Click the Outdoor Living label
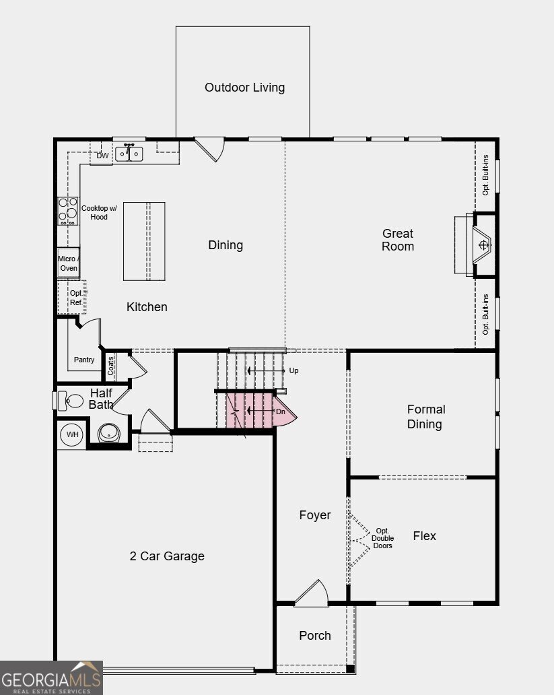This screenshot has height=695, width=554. (x=244, y=88)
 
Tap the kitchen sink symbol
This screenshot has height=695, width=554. (x=129, y=154)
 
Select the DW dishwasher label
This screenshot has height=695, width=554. (x=102, y=156)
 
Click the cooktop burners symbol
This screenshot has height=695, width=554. (x=67, y=211)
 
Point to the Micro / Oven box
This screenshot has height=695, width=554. (x=68, y=263)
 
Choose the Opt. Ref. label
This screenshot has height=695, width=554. (x=75, y=298)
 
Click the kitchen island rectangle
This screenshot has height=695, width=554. (x=144, y=241)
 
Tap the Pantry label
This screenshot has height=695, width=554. (x=84, y=360)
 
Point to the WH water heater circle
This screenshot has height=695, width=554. (x=72, y=434)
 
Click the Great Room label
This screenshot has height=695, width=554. (x=398, y=240)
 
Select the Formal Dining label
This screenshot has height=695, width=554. (x=425, y=416)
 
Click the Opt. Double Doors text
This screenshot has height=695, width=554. (x=382, y=537)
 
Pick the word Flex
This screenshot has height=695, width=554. (x=424, y=536)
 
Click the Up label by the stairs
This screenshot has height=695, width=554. (x=293, y=370)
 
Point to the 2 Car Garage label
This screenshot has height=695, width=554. (x=167, y=556)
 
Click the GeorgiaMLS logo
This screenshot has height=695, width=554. (x=51, y=677)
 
